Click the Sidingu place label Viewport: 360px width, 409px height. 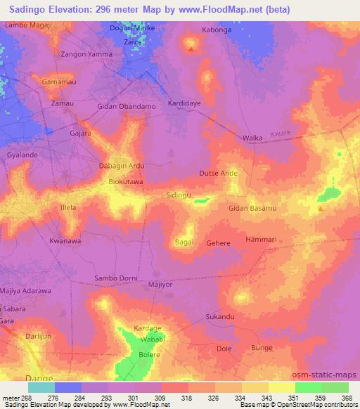pyautogui.click(x=178, y=196)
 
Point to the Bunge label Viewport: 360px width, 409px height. pyautogui.click(x=262, y=348)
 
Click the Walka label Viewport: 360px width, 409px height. pyautogui.click(x=252, y=138)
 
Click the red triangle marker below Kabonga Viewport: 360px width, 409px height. pyautogui.click(x=191, y=49)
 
